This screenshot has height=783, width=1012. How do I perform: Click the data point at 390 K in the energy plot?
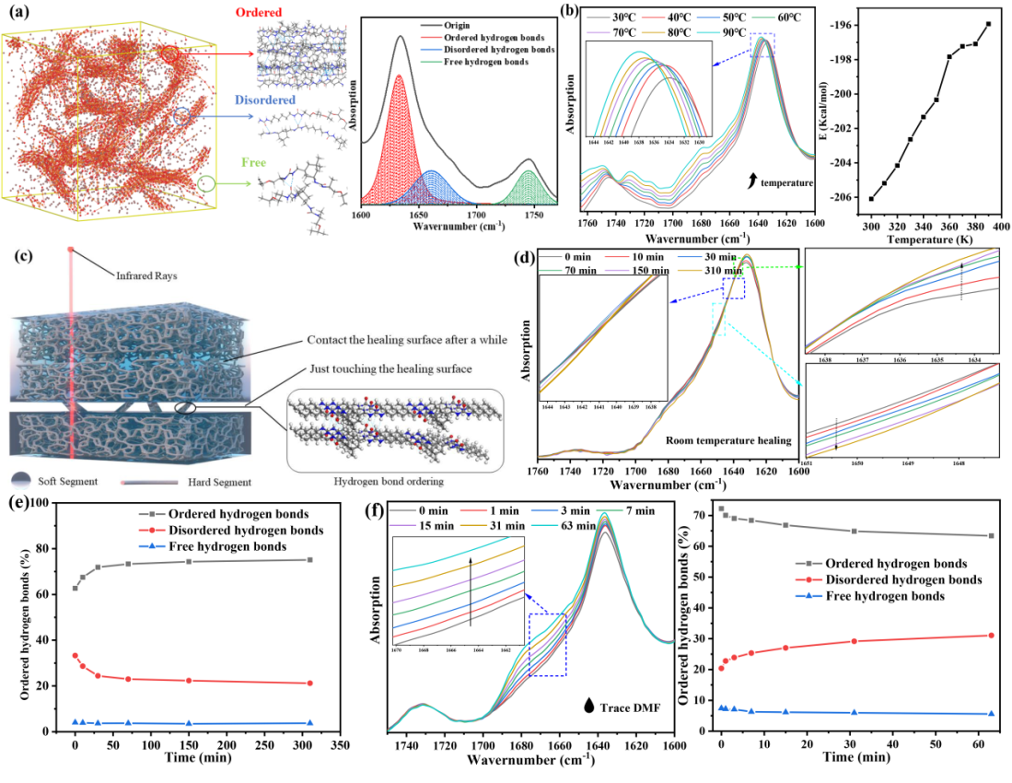point(988,24)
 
